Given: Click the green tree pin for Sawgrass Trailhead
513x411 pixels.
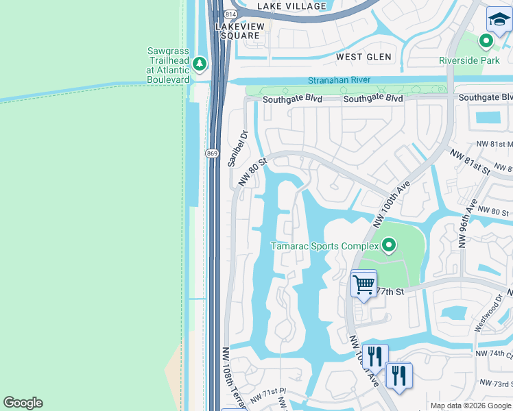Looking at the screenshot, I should coord(200,64).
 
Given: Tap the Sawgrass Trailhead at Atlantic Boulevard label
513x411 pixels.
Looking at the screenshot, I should coord(168,65).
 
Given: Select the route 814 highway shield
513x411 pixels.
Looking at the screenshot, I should coord(230,14).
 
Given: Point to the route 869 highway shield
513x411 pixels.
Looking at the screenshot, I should coord(212,153).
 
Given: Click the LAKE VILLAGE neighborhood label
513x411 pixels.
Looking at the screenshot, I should coord(291,6).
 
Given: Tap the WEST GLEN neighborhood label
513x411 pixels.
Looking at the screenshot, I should coord(363,57).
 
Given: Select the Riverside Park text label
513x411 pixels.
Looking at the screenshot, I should coord(470,60).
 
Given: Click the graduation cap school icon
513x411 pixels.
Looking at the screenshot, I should coord(499,19).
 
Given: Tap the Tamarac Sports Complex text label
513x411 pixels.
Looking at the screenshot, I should coord(324,246).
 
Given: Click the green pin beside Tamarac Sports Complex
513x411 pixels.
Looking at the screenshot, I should coord(389,245).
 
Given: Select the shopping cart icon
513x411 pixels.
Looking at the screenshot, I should coord(363,283).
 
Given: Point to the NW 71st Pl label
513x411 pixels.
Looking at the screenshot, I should coord(267,395).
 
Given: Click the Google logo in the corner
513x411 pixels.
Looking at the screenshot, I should coord(23,403).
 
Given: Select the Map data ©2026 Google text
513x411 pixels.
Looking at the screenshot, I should coord(470,406).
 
